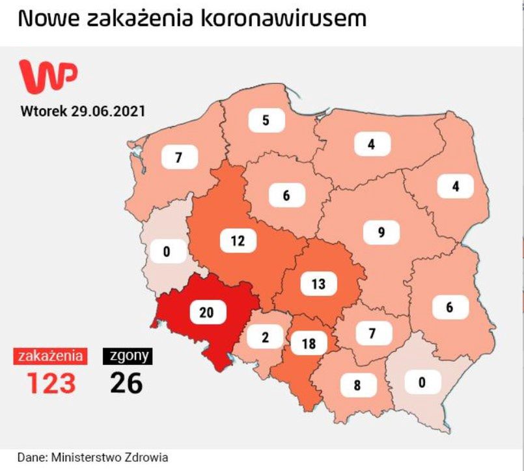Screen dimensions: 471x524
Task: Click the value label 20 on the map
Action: click(x=206, y=312)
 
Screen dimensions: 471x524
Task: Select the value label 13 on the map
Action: click(x=318, y=284)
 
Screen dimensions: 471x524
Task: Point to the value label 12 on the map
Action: click(x=238, y=241)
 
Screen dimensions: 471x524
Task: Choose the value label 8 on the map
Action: click(x=357, y=384)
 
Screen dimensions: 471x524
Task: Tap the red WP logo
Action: click(x=48, y=75)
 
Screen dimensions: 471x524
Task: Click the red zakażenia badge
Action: click(x=50, y=356)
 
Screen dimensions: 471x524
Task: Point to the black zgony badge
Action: click(x=128, y=356)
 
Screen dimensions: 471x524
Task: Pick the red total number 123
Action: click(x=51, y=383)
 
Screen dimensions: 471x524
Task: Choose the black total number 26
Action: click(x=126, y=383)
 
